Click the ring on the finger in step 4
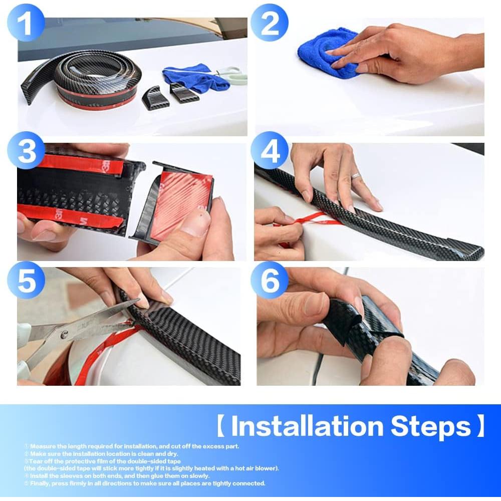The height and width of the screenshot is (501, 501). (x=355, y=176)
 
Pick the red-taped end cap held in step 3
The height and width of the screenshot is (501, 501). (x=180, y=205)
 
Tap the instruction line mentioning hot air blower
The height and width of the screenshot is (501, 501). (x=150, y=468)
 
